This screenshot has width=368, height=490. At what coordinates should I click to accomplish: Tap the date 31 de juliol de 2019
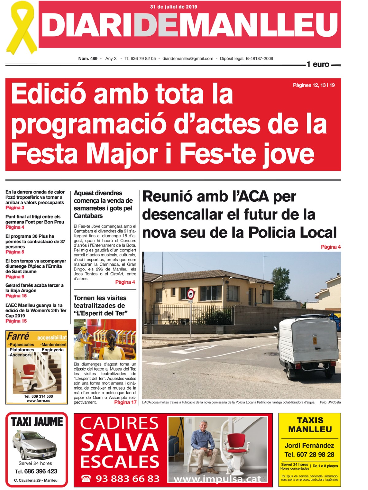[x=174, y=7]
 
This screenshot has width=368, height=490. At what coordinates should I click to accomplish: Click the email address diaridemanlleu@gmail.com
[x=188, y=59]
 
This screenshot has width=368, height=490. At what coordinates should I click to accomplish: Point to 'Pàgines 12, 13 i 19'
[x=314, y=85]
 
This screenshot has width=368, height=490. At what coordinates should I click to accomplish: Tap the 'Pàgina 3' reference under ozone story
[x=15, y=208]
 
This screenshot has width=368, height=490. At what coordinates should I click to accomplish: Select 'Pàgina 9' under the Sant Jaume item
[x=15, y=277]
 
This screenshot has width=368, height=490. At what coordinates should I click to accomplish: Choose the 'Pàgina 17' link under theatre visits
[x=125, y=402]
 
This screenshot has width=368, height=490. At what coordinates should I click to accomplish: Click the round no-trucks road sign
[x=190, y=294]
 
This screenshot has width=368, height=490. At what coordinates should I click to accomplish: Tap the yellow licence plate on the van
[x=315, y=340]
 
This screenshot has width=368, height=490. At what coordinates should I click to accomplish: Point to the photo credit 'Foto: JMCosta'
[x=330, y=402]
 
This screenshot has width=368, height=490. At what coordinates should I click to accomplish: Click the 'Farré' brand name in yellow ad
[x=18, y=336]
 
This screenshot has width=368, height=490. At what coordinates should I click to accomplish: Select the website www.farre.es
[x=38, y=401]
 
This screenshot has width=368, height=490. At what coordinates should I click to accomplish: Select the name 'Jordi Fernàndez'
[x=309, y=445]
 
